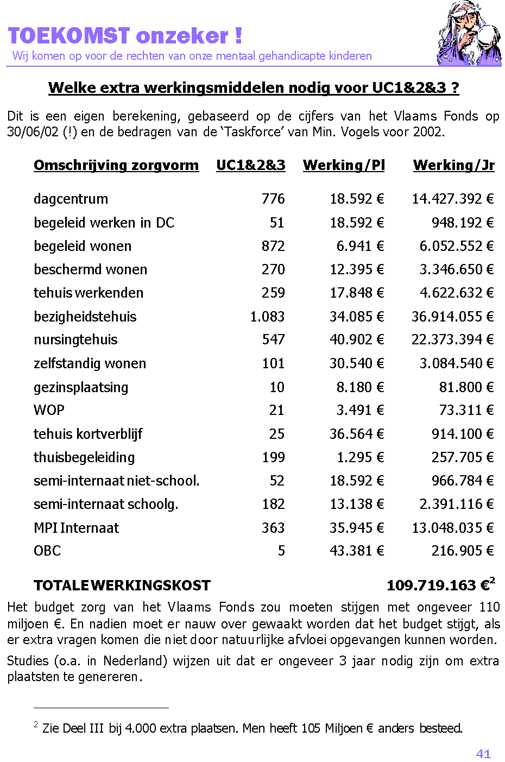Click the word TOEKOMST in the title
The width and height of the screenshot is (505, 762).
pyautogui.click(x=69, y=36)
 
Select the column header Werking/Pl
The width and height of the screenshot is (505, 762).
pyautogui.click(x=344, y=165)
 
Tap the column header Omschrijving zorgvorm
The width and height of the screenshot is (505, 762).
pyautogui.click(x=116, y=165)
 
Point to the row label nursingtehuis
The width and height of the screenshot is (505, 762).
pyautogui.click(x=75, y=340)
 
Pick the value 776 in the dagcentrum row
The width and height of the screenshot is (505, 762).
pyautogui.click(x=273, y=199)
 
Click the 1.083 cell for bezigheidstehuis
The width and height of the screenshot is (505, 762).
pyautogui.click(x=267, y=317)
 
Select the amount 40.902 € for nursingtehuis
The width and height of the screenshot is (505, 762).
pyautogui.click(x=357, y=340)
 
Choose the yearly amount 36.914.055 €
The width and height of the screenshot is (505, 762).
pyautogui.click(x=453, y=317)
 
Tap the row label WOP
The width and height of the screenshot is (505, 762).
pyautogui.click(x=49, y=410)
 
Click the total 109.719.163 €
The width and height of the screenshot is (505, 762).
pyautogui.click(x=439, y=585)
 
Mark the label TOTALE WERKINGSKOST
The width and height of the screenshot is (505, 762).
pyautogui.click(x=122, y=585)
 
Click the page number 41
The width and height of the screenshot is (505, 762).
pyautogui.click(x=483, y=754)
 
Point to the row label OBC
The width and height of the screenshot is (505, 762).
pyautogui.click(x=47, y=551)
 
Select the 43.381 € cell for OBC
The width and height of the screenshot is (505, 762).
pyautogui.click(x=357, y=551)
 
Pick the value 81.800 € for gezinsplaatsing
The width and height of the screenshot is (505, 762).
pyautogui.click(x=466, y=387)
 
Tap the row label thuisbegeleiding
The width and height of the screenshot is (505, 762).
pyautogui.click(x=84, y=457)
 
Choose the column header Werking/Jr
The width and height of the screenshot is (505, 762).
pyautogui.click(x=453, y=165)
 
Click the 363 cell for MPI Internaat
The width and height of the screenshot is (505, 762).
pyautogui.click(x=273, y=528)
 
